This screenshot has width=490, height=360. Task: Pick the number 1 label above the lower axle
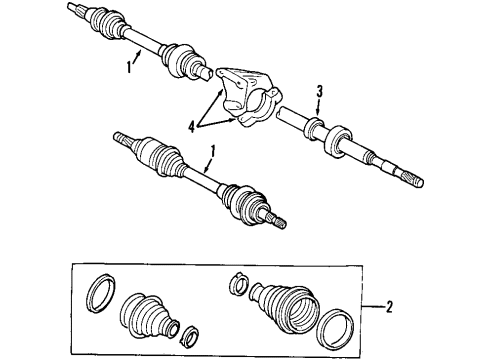(211, 155)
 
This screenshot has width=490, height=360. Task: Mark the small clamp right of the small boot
(188, 329)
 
